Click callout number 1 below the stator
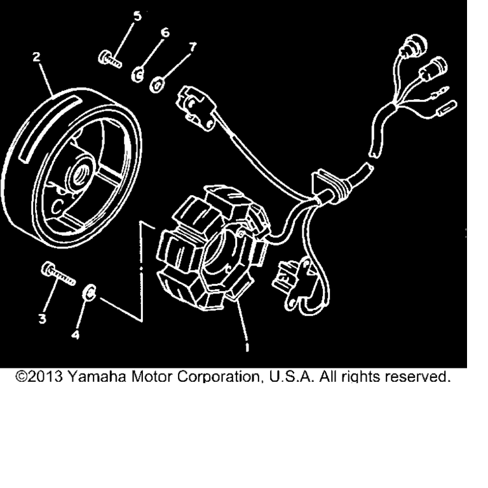[x=247, y=348]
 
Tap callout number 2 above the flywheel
[x=37, y=57]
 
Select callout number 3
[x=43, y=319]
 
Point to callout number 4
[x=76, y=335]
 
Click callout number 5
[x=137, y=16]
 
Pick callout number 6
[x=165, y=32]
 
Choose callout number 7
[x=193, y=46]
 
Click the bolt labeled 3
[x=58, y=274]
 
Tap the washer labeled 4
[x=90, y=293]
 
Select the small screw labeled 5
[x=110, y=60]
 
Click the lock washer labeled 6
[x=137, y=75]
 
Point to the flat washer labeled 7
[x=158, y=85]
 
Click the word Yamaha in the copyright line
[x=97, y=377]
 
